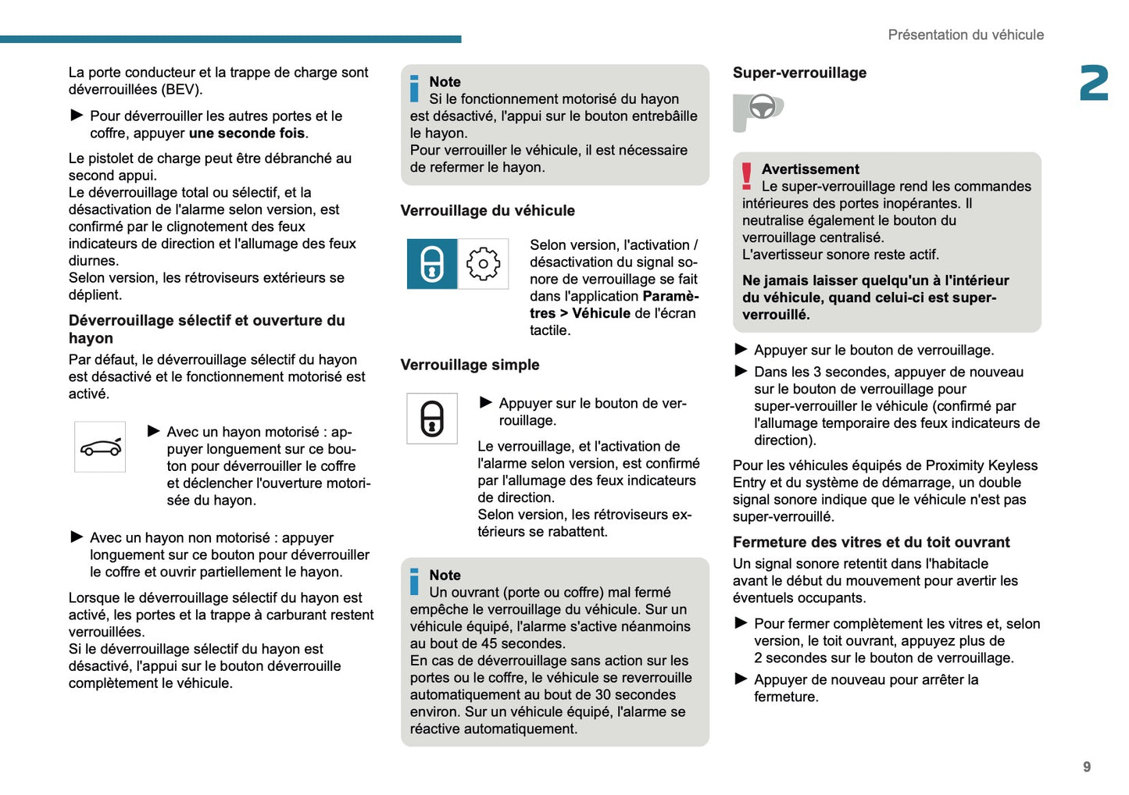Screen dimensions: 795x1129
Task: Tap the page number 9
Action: click(1087, 767)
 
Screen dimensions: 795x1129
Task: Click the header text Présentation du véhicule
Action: click(966, 34)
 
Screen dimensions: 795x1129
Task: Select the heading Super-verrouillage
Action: click(799, 73)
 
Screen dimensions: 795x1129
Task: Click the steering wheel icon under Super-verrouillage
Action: click(762, 108)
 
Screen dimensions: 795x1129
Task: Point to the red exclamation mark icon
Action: click(747, 176)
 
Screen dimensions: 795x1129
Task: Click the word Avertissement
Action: click(810, 169)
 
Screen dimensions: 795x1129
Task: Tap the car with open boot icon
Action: click(100, 447)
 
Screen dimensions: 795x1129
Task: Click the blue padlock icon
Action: click(432, 264)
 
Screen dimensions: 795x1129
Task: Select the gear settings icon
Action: click(483, 264)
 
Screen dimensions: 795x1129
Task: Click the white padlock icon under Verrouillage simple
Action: click(432, 419)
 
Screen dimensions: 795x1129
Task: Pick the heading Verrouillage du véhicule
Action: click(488, 211)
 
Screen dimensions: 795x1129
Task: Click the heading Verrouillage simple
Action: click(470, 365)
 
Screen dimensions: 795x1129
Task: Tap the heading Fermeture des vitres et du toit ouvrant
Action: click(871, 542)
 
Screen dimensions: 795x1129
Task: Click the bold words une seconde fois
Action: click(247, 134)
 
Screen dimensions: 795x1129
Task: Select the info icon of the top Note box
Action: click(414, 88)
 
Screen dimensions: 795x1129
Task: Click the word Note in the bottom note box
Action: click(445, 576)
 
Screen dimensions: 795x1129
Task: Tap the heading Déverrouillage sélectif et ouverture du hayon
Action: click(206, 329)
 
